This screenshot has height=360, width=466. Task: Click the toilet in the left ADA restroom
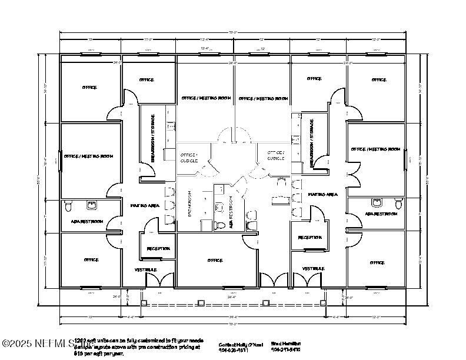(x=69, y=206)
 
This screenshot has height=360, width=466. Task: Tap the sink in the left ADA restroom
(x=92, y=205)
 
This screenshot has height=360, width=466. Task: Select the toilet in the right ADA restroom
(x=398, y=204)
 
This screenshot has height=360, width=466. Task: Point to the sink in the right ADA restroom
(x=375, y=203)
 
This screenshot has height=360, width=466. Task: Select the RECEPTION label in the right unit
(x=309, y=238)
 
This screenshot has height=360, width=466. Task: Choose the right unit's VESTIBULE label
(x=314, y=269)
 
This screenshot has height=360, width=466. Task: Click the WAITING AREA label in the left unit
(x=145, y=205)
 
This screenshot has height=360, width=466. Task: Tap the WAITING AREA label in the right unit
(x=322, y=194)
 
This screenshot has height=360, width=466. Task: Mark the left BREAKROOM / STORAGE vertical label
(x=152, y=139)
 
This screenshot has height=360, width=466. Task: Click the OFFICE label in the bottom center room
(x=215, y=260)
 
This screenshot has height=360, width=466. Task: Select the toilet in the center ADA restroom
(x=221, y=225)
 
